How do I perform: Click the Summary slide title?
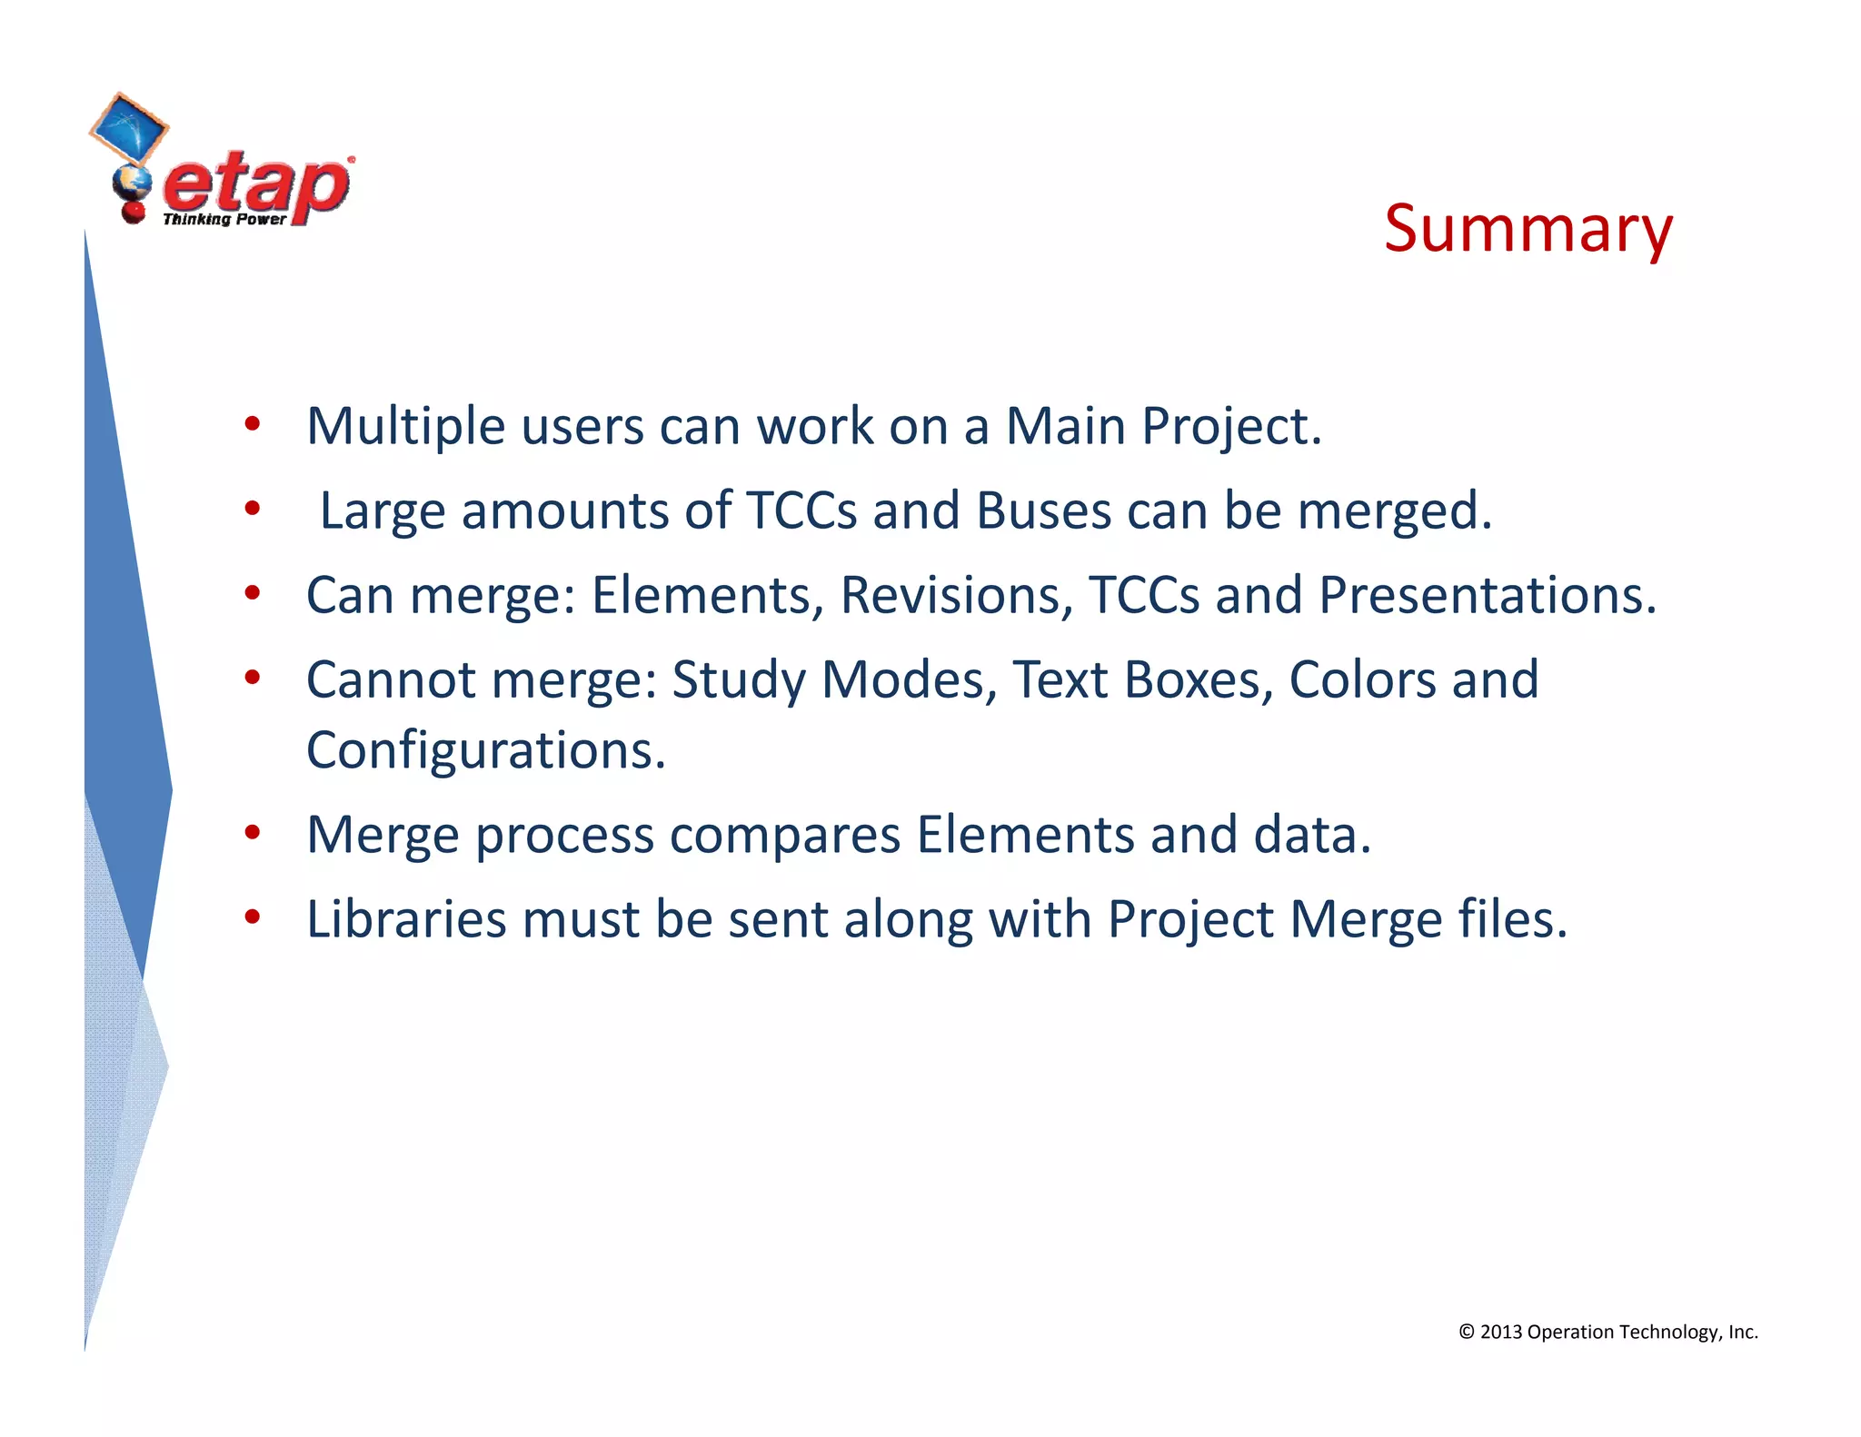(x=1528, y=230)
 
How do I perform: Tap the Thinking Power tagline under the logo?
(x=224, y=219)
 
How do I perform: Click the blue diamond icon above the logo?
(x=129, y=127)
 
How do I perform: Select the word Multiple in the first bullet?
(x=405, y=426)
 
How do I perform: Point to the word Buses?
(x=1043, y=510)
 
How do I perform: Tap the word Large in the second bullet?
(x=382, y=510)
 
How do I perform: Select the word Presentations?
(x=1487, y=595)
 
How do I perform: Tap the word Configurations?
(x=485, y=750)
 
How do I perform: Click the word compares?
(x=785, y=835)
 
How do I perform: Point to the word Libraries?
(x=405, y=919)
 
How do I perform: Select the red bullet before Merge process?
(x=253, y=833)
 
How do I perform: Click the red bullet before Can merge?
(x=253, y=593)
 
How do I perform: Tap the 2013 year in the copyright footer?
(x=1501, y=1332)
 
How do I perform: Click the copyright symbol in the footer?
(x=1466, y=1332)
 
